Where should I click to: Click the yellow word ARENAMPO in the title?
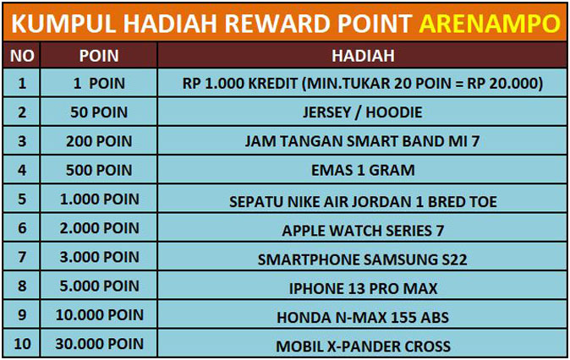point(490,24)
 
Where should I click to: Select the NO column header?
point(22,56)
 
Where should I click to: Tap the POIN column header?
point(99,56)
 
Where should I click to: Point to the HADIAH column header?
point(363,56)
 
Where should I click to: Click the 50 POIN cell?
point(99,112)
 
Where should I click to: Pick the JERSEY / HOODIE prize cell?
point(363,112)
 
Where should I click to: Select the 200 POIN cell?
point(99,141)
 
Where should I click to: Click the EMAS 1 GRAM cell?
point(363,170)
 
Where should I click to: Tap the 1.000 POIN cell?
point(99,199)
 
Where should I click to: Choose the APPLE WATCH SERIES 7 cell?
point(363,228)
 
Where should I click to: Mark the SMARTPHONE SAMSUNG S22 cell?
point(363,257)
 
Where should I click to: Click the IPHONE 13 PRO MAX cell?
point(363,286)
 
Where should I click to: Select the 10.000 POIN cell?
point(99,314)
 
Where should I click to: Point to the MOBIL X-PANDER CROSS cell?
point(363,343)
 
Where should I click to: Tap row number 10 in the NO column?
point(22,344)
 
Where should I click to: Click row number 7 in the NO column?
point(22,257)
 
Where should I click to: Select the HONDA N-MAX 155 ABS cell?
point(363,314)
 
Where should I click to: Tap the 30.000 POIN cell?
point(99,343)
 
